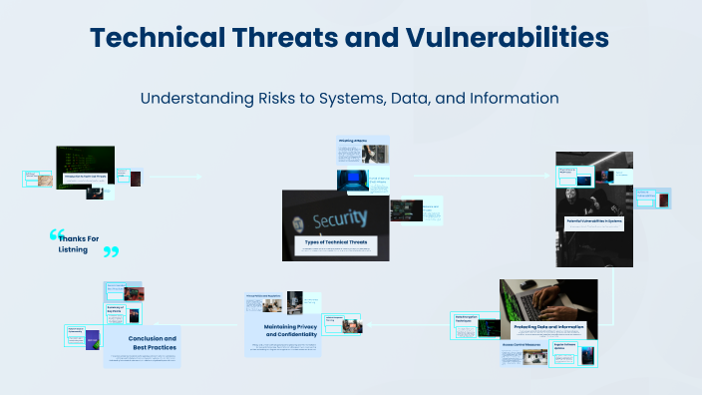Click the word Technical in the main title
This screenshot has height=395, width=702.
coord(164,38)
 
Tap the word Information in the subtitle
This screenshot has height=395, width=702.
coord(509,100)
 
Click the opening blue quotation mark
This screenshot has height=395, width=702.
coord(56,236)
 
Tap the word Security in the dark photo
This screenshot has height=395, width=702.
coord(340,217)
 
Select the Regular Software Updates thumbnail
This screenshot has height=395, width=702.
coord(581,353)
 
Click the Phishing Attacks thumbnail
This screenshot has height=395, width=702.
coord(362,151)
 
